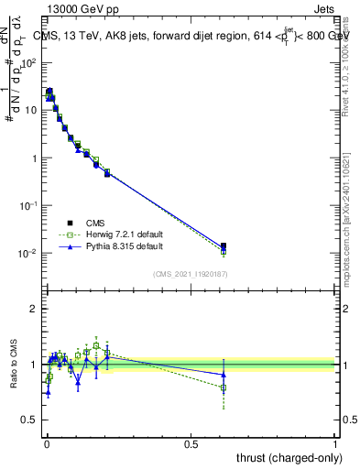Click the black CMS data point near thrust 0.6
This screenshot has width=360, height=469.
(224, 245)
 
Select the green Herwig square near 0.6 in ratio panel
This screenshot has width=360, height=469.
(224, 388)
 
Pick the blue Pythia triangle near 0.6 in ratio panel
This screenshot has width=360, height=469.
(224, 374)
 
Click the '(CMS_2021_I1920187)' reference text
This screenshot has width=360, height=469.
(191, 274)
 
